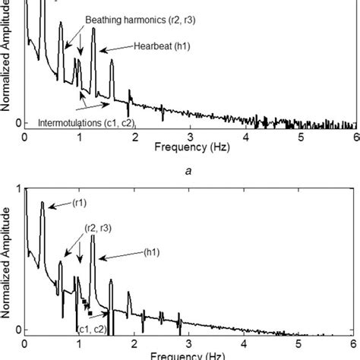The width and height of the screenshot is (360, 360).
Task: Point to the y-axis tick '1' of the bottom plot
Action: [18, 190]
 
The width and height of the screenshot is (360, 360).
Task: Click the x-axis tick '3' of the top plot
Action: [191, 136]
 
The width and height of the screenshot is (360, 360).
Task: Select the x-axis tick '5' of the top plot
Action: [301, 136]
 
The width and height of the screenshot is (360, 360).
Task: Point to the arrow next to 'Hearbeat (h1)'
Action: [116, 50]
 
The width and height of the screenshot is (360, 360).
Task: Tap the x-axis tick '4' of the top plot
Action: [246, 136]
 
